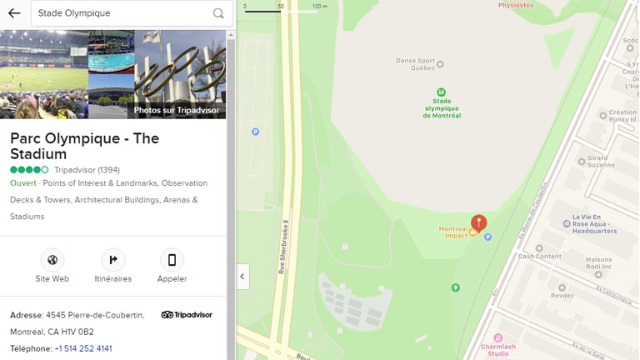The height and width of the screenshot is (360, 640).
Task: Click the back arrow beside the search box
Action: (14, 13)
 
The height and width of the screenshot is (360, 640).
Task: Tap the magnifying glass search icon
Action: (218, 13)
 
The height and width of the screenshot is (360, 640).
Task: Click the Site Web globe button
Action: (52, 260)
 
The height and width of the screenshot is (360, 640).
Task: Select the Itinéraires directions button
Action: (113, 260)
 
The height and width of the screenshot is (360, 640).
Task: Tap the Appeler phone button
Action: (172, 260)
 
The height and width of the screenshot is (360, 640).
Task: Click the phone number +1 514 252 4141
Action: (83, 348)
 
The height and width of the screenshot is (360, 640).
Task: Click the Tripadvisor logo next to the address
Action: (187, 315)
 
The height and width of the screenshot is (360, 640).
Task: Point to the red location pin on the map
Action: (478, 222)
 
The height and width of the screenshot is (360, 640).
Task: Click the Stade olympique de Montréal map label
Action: (442, 106)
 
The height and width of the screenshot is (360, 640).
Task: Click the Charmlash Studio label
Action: (498, 349)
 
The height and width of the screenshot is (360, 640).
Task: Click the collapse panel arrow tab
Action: (242, 277)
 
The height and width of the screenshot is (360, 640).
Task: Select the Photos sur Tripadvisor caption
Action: (177, 110)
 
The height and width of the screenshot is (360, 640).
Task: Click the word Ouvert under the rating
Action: (23, 183)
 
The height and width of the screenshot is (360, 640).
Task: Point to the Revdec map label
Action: (562, 295)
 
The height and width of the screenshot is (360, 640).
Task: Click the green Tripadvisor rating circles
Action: (29, 170)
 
